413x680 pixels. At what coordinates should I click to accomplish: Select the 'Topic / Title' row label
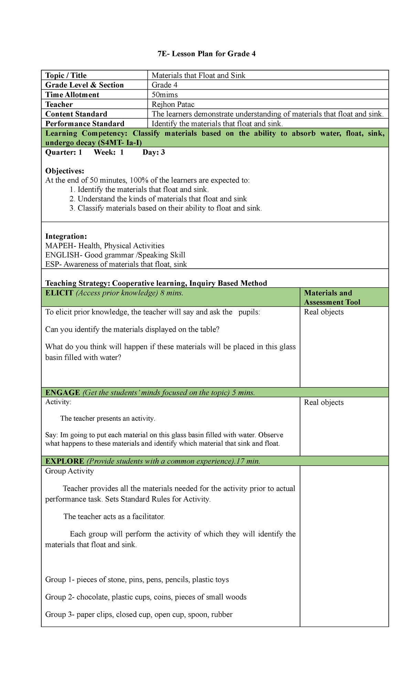tap(66, 75)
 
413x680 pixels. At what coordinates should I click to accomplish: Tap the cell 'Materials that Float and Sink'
tap(198, 75)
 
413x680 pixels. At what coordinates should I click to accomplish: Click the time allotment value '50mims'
tap(165, 95)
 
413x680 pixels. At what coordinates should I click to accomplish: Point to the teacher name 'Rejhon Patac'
tap(173, 104)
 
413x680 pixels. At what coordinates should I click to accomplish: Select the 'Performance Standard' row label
tap(85, 124)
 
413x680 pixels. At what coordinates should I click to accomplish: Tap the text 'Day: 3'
tap(153, 152)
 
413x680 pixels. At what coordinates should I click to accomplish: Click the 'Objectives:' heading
tap(64, 171)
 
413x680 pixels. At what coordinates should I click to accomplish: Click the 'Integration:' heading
tap(66, 236)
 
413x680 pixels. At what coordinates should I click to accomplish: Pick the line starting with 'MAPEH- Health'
tap(105, 246)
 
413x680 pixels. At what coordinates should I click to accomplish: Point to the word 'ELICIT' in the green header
tap(59, 293)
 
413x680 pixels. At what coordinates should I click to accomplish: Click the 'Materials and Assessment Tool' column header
tap(332, 297)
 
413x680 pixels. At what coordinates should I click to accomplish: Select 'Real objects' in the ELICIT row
tap(324, 312)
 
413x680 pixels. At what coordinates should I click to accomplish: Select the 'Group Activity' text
tap(69, 471)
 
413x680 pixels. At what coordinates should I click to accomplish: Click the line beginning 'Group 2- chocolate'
tap(146, 597)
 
